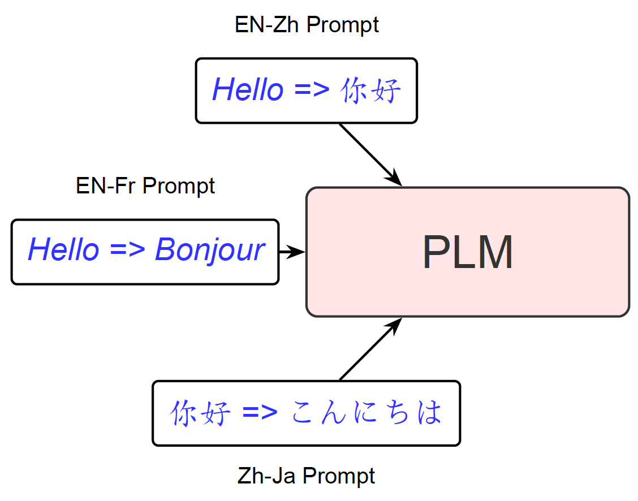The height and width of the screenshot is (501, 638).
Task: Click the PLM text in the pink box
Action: tap(468, 252)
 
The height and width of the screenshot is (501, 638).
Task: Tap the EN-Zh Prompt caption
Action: tap(307, 25)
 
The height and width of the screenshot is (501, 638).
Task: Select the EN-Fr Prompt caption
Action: tap(145, 186)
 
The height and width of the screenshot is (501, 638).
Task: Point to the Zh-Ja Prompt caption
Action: tap(306, 476)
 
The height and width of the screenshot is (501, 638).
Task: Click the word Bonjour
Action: tap(210, 250)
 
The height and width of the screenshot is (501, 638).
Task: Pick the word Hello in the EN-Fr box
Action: tap(63, 249)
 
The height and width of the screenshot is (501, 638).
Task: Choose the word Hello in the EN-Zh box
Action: tap(248, 89)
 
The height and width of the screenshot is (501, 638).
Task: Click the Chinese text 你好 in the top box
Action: tap(370, 90)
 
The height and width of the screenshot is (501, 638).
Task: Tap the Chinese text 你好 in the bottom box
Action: tap(200, 413)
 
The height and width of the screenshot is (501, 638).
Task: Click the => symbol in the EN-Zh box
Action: tap(312, 89)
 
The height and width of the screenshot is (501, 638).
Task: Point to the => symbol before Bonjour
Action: tap(127, 249)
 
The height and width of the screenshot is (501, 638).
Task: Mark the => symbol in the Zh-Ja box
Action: tap(260, 412)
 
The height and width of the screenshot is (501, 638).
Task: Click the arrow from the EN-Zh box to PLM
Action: tap(370, 155)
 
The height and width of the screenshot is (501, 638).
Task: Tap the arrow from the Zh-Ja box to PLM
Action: tap(370, 349)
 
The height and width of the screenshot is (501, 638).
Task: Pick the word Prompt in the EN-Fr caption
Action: tap(179, 187)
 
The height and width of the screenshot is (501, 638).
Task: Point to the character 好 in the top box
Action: tap(386, 90)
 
